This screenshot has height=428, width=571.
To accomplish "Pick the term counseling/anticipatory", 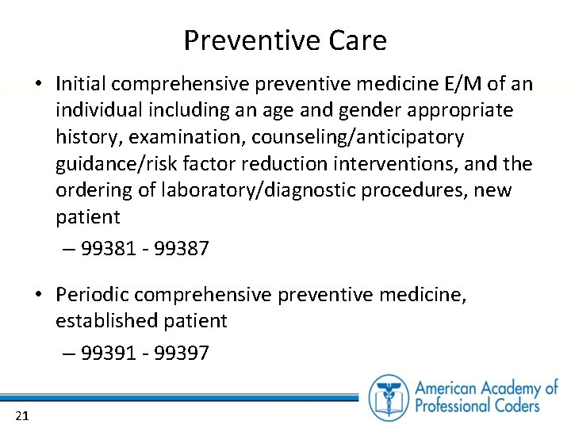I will point(358,137).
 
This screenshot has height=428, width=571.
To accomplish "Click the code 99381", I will point(107,249).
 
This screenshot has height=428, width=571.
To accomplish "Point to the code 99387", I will point(182,249).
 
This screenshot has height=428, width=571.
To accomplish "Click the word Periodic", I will point(92,295).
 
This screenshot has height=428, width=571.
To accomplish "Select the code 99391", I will point(107,353).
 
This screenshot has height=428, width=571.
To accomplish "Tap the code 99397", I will point(182,353).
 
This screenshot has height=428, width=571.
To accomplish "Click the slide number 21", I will point(21,415).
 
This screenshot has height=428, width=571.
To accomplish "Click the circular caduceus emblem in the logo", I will point(389,397).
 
